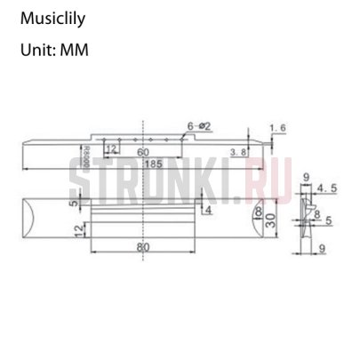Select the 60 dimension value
143,153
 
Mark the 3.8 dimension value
237,153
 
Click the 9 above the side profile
305,178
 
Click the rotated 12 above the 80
81,231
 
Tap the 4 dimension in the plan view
208,211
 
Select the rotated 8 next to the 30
257,214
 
